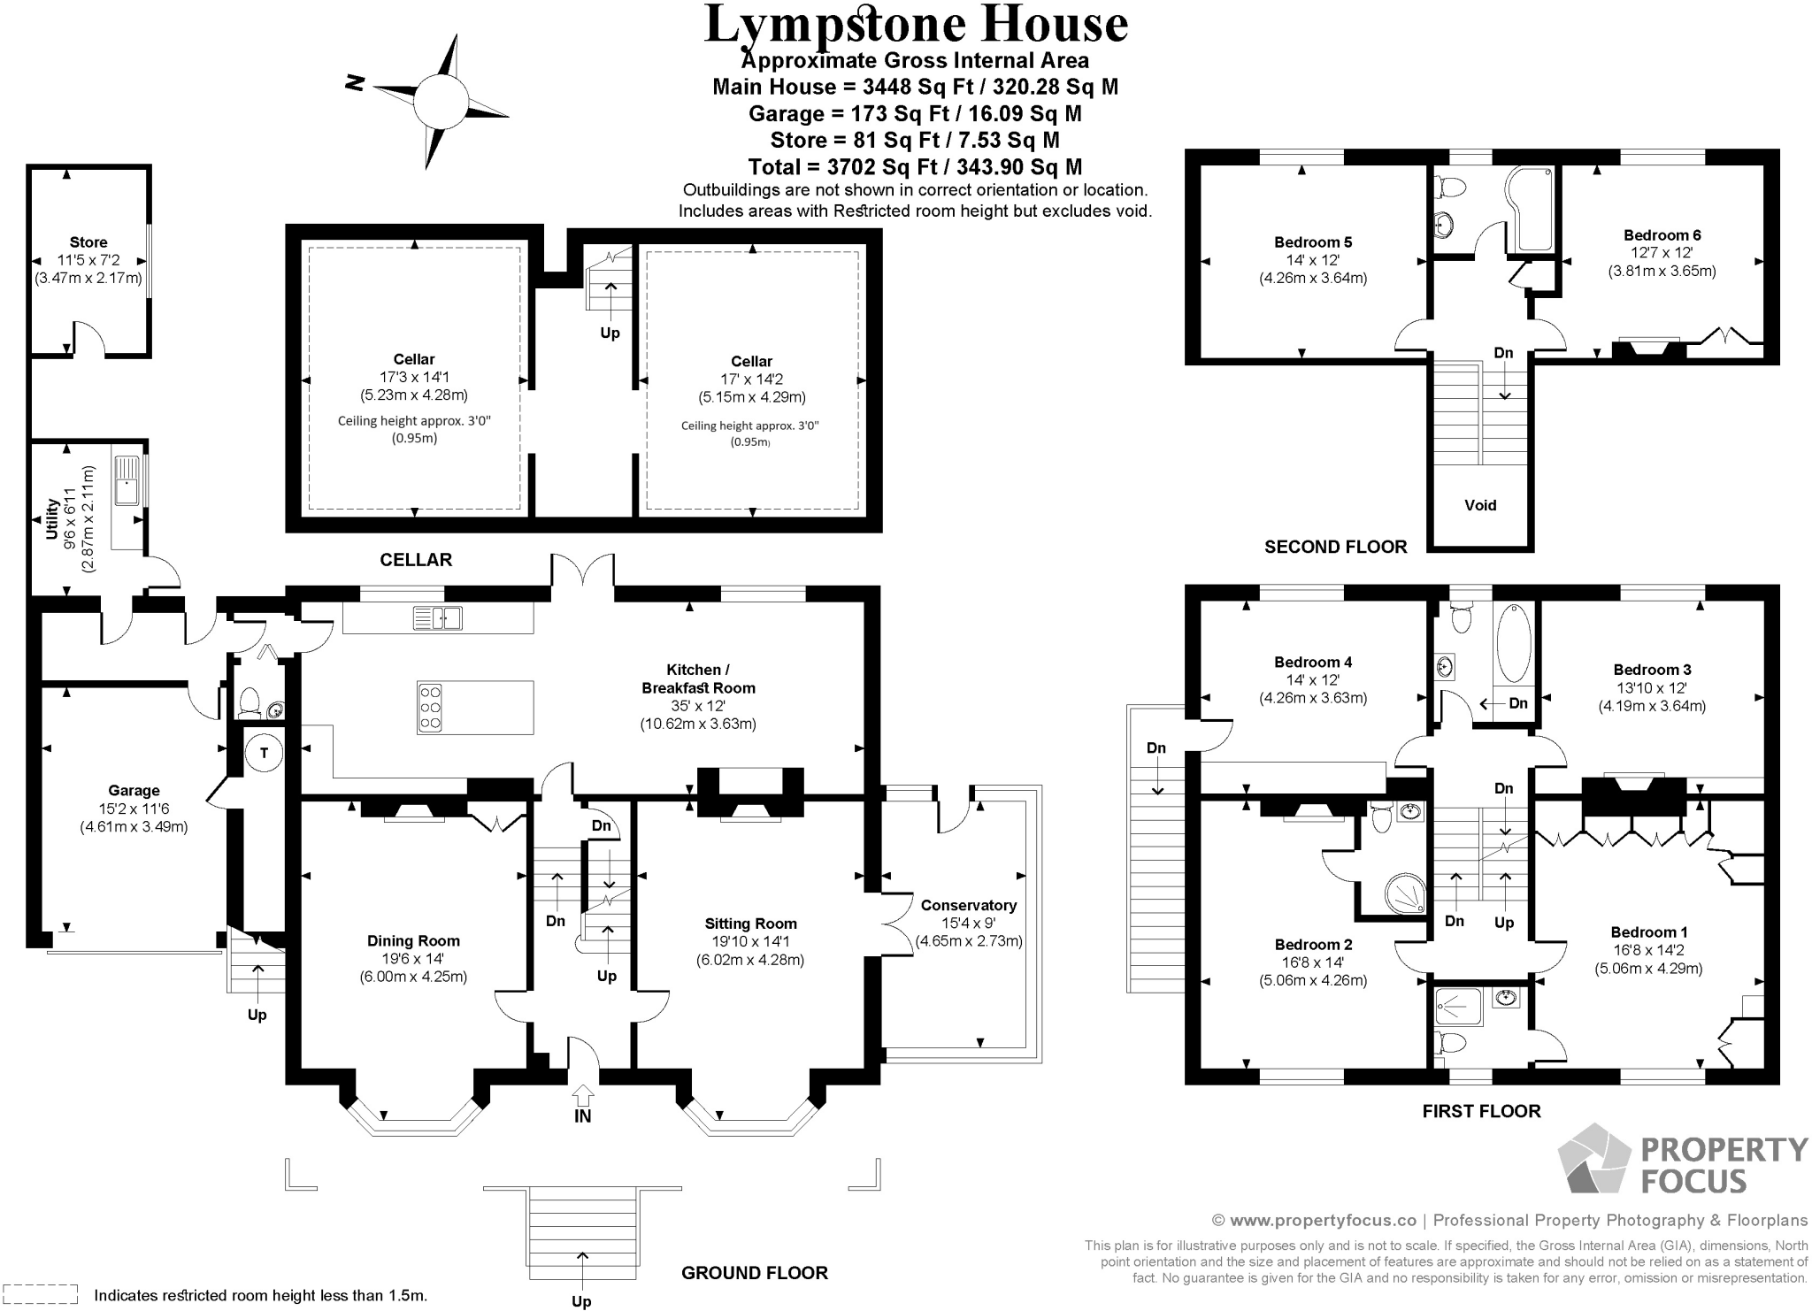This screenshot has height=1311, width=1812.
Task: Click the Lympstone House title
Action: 915,25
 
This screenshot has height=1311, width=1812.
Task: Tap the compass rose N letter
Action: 356,83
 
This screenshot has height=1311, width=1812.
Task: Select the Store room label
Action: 88,241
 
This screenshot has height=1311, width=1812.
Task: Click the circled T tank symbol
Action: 263,753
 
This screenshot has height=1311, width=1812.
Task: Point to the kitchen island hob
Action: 430,708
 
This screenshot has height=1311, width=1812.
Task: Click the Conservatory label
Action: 968,905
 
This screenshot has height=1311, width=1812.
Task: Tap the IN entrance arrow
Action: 582,1096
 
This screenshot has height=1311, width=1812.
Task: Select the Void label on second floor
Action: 1480,505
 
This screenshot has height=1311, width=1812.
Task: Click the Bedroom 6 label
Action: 1662,234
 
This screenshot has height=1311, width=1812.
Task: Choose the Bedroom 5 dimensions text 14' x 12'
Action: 1312,260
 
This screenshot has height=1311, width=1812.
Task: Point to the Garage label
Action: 134,790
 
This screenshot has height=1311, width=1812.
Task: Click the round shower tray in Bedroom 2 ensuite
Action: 1404,893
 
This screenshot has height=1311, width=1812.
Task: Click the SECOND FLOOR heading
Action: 1335,547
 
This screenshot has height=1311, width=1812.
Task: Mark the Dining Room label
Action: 413,940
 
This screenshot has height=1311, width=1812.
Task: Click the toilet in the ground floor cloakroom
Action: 249,703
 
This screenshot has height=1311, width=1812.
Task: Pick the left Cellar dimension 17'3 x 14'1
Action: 413,377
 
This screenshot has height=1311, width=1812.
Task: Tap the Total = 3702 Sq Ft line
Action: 915,166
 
